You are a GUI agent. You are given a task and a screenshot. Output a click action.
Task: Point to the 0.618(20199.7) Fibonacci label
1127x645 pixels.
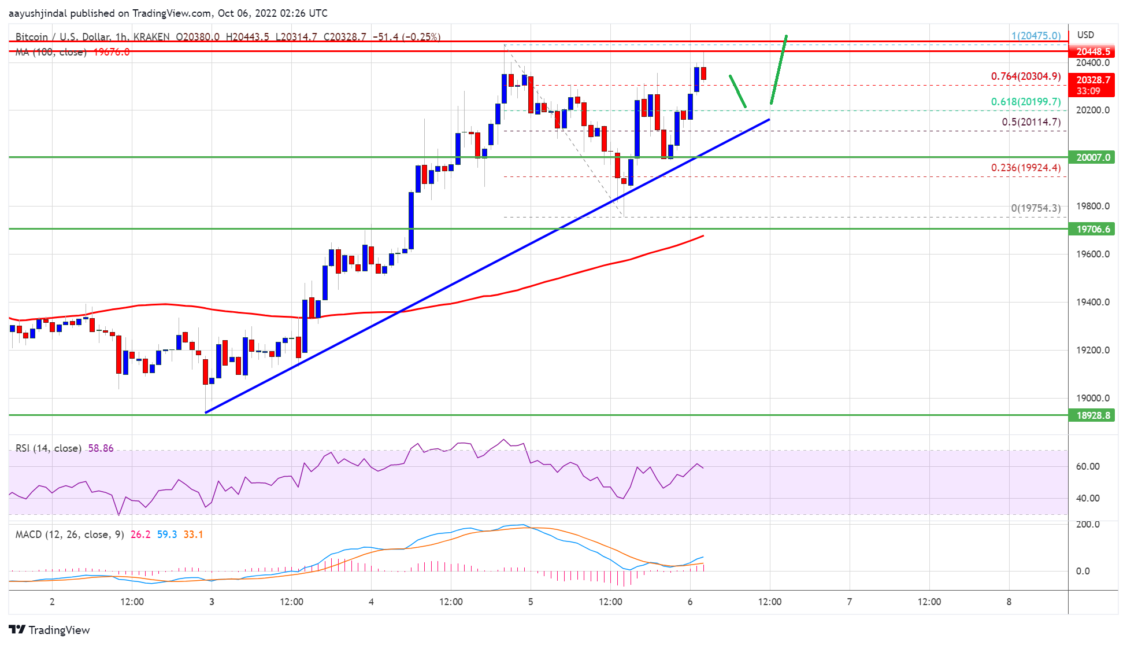point(1026,102)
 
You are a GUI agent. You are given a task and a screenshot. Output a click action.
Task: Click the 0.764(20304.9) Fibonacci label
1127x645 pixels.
point(1026,76)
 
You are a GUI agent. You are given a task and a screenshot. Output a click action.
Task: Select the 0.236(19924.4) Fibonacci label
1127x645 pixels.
point(1026,168)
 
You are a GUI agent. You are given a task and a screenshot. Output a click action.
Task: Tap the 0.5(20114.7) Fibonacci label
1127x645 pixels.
point(1031,122)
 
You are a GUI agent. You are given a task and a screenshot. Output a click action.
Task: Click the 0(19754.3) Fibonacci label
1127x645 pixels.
point(1036,208)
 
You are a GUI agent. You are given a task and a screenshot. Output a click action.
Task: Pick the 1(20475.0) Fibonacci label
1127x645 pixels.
point(1036,36)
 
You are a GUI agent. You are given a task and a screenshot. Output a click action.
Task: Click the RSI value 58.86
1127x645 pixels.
point(101,448)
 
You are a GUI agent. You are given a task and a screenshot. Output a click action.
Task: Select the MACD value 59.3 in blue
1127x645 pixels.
point(167,535)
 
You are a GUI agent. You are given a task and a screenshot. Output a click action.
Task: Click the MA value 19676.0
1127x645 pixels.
point(112,52)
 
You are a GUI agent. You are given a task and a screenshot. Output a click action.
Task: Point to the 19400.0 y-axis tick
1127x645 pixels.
point(1092,302)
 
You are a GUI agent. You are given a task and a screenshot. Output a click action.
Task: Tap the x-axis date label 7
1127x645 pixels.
point(849,602)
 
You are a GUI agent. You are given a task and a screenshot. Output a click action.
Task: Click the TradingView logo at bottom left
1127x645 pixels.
point(50,630)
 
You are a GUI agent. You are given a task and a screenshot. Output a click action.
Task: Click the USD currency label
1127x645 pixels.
point(1085,35)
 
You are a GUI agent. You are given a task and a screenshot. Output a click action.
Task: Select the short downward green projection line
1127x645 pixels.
point(737,91)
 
